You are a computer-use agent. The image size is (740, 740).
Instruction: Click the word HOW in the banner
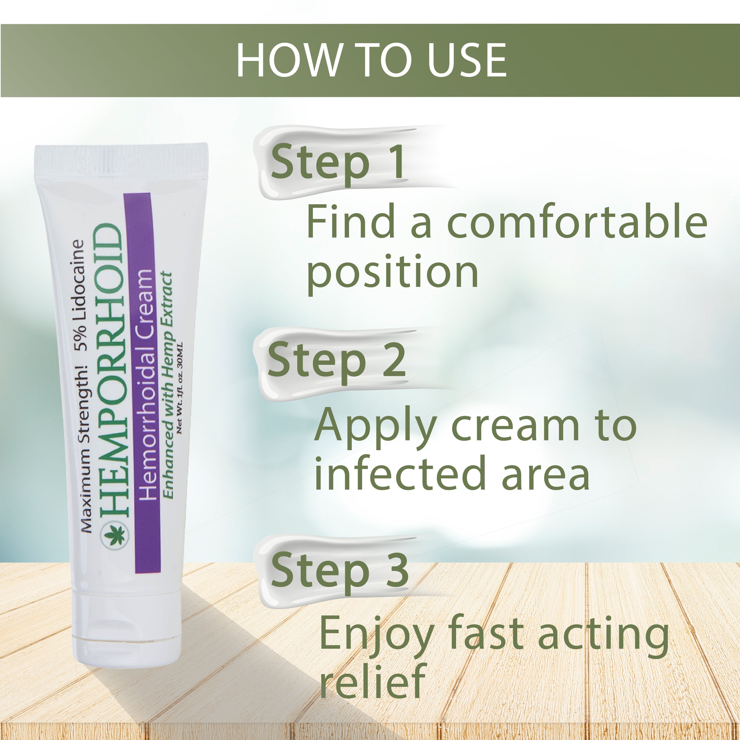pos(288,60)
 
